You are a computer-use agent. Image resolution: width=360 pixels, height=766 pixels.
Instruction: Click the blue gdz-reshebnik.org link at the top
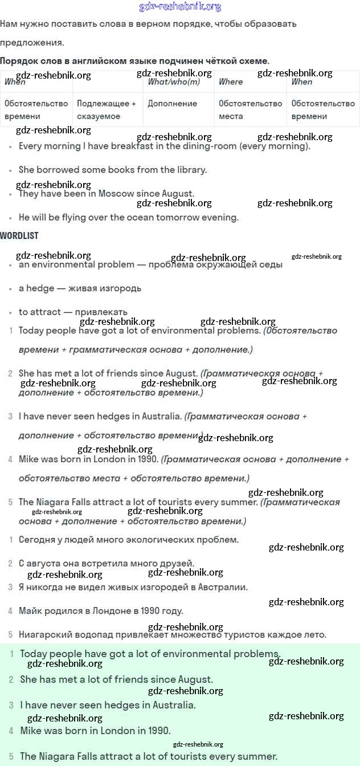pyautogui.click(x=180, y=7)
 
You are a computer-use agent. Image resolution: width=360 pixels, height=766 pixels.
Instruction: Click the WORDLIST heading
pyautogui.click(x=19, y=235)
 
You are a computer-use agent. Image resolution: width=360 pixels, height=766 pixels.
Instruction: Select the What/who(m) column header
pyautogui.click(x=174, y=82)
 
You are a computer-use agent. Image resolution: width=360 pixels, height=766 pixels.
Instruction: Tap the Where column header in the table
pyautogui.click(x=231, y=82)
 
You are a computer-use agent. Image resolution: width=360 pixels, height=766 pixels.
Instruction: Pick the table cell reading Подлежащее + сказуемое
pyautogui.click(x=107, y=109)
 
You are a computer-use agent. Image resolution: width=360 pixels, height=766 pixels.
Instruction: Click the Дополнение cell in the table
pyautogui.click(x=173, y=104)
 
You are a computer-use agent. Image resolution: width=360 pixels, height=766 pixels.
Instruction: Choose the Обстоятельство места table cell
pyautogui.click(x=251, y=109)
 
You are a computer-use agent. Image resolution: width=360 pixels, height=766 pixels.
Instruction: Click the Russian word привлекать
pyautogui.click(x=100, y=312)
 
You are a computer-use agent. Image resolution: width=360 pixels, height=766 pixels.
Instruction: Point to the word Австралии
pyautogui.click(x=222, y=587)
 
